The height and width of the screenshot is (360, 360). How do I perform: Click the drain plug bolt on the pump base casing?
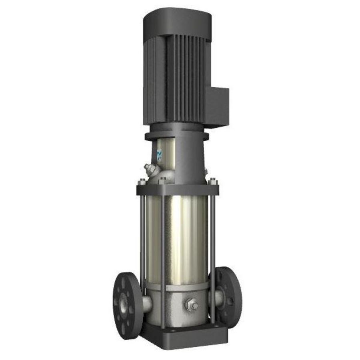(x=191, y=305)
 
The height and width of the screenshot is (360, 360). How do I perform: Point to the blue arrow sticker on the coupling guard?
(x=159, y=154)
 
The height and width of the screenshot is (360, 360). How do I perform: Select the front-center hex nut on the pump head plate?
(x=162, y=181)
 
